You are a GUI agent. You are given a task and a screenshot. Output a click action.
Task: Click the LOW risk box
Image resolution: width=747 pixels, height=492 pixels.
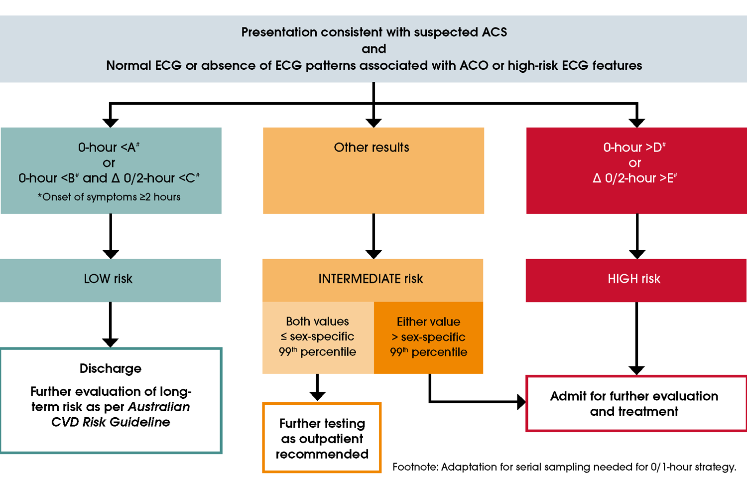110,280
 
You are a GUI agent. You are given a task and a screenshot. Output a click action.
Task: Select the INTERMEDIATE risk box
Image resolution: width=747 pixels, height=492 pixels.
372,279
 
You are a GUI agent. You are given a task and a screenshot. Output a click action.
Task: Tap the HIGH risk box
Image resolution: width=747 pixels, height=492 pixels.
635,279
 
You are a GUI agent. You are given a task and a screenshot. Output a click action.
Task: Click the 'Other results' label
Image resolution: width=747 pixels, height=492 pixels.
372,148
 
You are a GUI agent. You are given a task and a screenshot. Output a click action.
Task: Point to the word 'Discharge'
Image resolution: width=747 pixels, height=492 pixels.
111,368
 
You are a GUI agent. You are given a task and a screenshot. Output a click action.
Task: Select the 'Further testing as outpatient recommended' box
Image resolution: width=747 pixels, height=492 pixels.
322,438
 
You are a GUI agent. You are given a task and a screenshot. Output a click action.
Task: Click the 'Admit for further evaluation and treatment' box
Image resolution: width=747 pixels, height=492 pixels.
635,404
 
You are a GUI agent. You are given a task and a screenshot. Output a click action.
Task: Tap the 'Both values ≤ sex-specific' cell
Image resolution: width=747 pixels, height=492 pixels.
318,337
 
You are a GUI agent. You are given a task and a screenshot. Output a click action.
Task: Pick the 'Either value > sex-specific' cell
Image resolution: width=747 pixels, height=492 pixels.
428,337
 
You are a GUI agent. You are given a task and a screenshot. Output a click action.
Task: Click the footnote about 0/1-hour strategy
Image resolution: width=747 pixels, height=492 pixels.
564,467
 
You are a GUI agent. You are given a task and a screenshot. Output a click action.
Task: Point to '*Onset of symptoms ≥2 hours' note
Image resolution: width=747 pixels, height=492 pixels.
109,197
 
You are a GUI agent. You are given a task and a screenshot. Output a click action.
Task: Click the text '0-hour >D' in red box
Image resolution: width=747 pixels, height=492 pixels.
634,148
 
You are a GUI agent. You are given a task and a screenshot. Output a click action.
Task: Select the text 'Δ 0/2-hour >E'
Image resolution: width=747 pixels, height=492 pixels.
634,178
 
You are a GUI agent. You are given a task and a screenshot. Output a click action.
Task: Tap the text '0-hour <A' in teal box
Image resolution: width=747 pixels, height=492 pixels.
109,148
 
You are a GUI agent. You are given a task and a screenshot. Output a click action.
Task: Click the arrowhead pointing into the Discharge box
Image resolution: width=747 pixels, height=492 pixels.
110,342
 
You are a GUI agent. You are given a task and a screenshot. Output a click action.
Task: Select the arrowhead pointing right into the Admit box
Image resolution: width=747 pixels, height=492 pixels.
521,402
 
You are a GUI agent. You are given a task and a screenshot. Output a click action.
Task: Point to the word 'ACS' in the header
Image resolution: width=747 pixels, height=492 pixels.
494,32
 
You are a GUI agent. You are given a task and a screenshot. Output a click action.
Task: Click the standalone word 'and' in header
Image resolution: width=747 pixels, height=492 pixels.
373,49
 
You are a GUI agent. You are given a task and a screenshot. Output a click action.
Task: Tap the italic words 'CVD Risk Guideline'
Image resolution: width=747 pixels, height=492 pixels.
111,422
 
